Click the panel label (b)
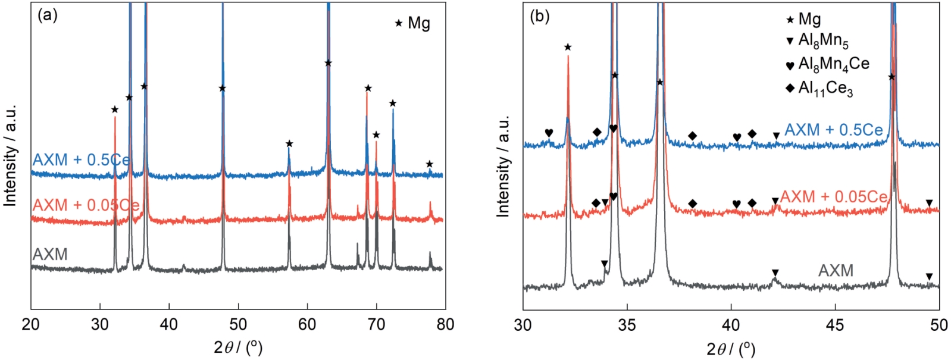(539, 16)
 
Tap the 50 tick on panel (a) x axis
(238, 324)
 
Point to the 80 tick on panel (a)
(445, 324)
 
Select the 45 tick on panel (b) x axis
(835, 325)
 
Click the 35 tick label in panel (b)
(627, 325)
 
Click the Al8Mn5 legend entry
(824, 41)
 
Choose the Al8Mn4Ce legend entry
(833, 64)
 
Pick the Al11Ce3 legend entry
(825, 89)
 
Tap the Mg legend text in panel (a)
(418, 24)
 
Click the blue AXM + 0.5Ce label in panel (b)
(833, 130)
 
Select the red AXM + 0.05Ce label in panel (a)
(86, 205)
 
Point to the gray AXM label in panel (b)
(836, 271)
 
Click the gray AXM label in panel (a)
(50, 255)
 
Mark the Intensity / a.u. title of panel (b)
(503, 166)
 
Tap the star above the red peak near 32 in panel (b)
(568, 47)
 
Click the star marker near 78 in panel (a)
(430, 164)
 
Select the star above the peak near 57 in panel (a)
(289, 144)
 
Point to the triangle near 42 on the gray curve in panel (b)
(775, 273)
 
